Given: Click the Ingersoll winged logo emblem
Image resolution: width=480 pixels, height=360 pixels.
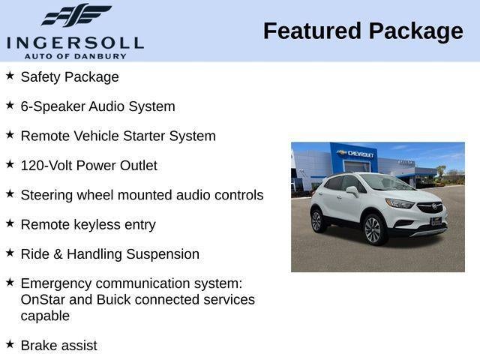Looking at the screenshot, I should click(x=76, y=16).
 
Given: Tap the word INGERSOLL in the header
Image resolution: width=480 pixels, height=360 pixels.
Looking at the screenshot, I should click(x=75, y=42).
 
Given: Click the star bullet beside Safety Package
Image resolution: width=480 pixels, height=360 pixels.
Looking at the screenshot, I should click(x=10, y=76).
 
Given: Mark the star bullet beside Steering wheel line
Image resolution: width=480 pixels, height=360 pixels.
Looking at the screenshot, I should click(x=10, y=193).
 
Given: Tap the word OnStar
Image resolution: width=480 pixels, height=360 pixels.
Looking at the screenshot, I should click(x=45, y=300).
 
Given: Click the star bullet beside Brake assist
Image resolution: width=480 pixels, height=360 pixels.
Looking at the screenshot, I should click(x=10, y=344).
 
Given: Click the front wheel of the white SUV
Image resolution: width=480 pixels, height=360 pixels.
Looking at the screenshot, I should click(x=373, y=229).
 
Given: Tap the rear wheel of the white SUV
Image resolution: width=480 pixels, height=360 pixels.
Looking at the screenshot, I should click(x=317, y=220).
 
